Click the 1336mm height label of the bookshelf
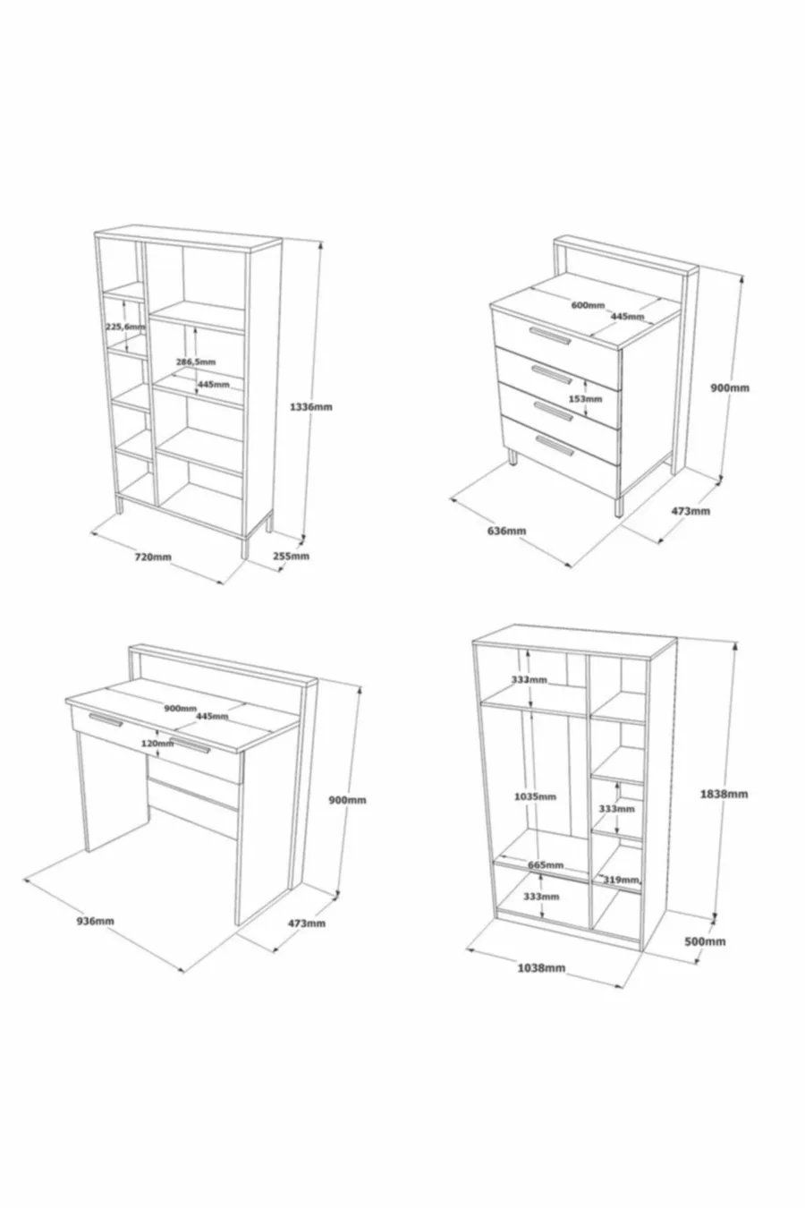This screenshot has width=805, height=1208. [311, 406]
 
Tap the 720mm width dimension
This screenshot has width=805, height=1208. [153, 557]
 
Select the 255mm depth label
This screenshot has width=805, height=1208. [292, 556]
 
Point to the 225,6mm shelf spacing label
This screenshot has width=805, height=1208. [125, 327]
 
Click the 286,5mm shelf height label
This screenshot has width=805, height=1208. [196, 362]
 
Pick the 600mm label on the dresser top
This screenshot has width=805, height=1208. [588, 305]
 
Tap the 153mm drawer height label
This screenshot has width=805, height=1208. [586, 399]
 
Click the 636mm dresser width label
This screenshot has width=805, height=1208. [506, 531]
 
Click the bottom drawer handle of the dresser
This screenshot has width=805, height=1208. [555, 445]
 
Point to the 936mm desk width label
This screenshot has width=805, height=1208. [95, 921]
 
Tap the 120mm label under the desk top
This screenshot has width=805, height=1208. [157, 743]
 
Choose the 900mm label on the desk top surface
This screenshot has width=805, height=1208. [180, 709]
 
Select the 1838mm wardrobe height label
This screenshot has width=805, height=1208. [724, 794]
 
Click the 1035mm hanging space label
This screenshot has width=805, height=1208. [535, 796]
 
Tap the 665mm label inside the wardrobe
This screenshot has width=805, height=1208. [546, 864]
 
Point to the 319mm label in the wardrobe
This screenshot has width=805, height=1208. [621, 880]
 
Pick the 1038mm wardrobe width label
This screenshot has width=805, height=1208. [541, 968]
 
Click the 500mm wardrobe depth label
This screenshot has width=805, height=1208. [705, 941]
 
